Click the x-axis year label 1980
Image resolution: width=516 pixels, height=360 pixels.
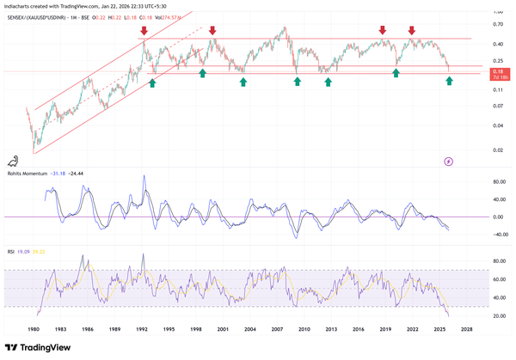pyautogui.click(x=34, y=328)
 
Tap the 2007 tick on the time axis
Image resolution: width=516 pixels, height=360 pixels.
pyautogui.click(x=279, y=328)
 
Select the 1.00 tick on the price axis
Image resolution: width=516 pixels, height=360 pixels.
pyautogui.click(x=498, y=13)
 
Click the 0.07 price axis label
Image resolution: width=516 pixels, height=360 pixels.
pyautogui.click(x=498, y=106)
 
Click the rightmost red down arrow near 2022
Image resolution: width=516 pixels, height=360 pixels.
pyautogui.click(x=412, y=32)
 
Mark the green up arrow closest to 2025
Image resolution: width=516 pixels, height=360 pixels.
pyautogui.click(x=450, y=81)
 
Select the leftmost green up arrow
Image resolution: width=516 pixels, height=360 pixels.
pyautogui.click(x=152, y=82)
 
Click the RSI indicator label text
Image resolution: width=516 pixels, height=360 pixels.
pyautogui.click(x=10, y=252)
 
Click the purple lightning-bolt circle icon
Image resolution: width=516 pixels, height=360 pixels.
pyautogui.click(x=449, y=161)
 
